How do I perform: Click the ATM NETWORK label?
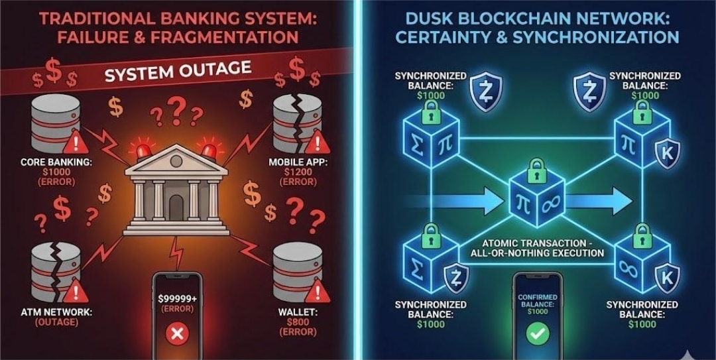click(x=46, y=311)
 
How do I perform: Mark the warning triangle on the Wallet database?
click(x=318, y=290)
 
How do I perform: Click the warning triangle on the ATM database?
click(x=78, y=290)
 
